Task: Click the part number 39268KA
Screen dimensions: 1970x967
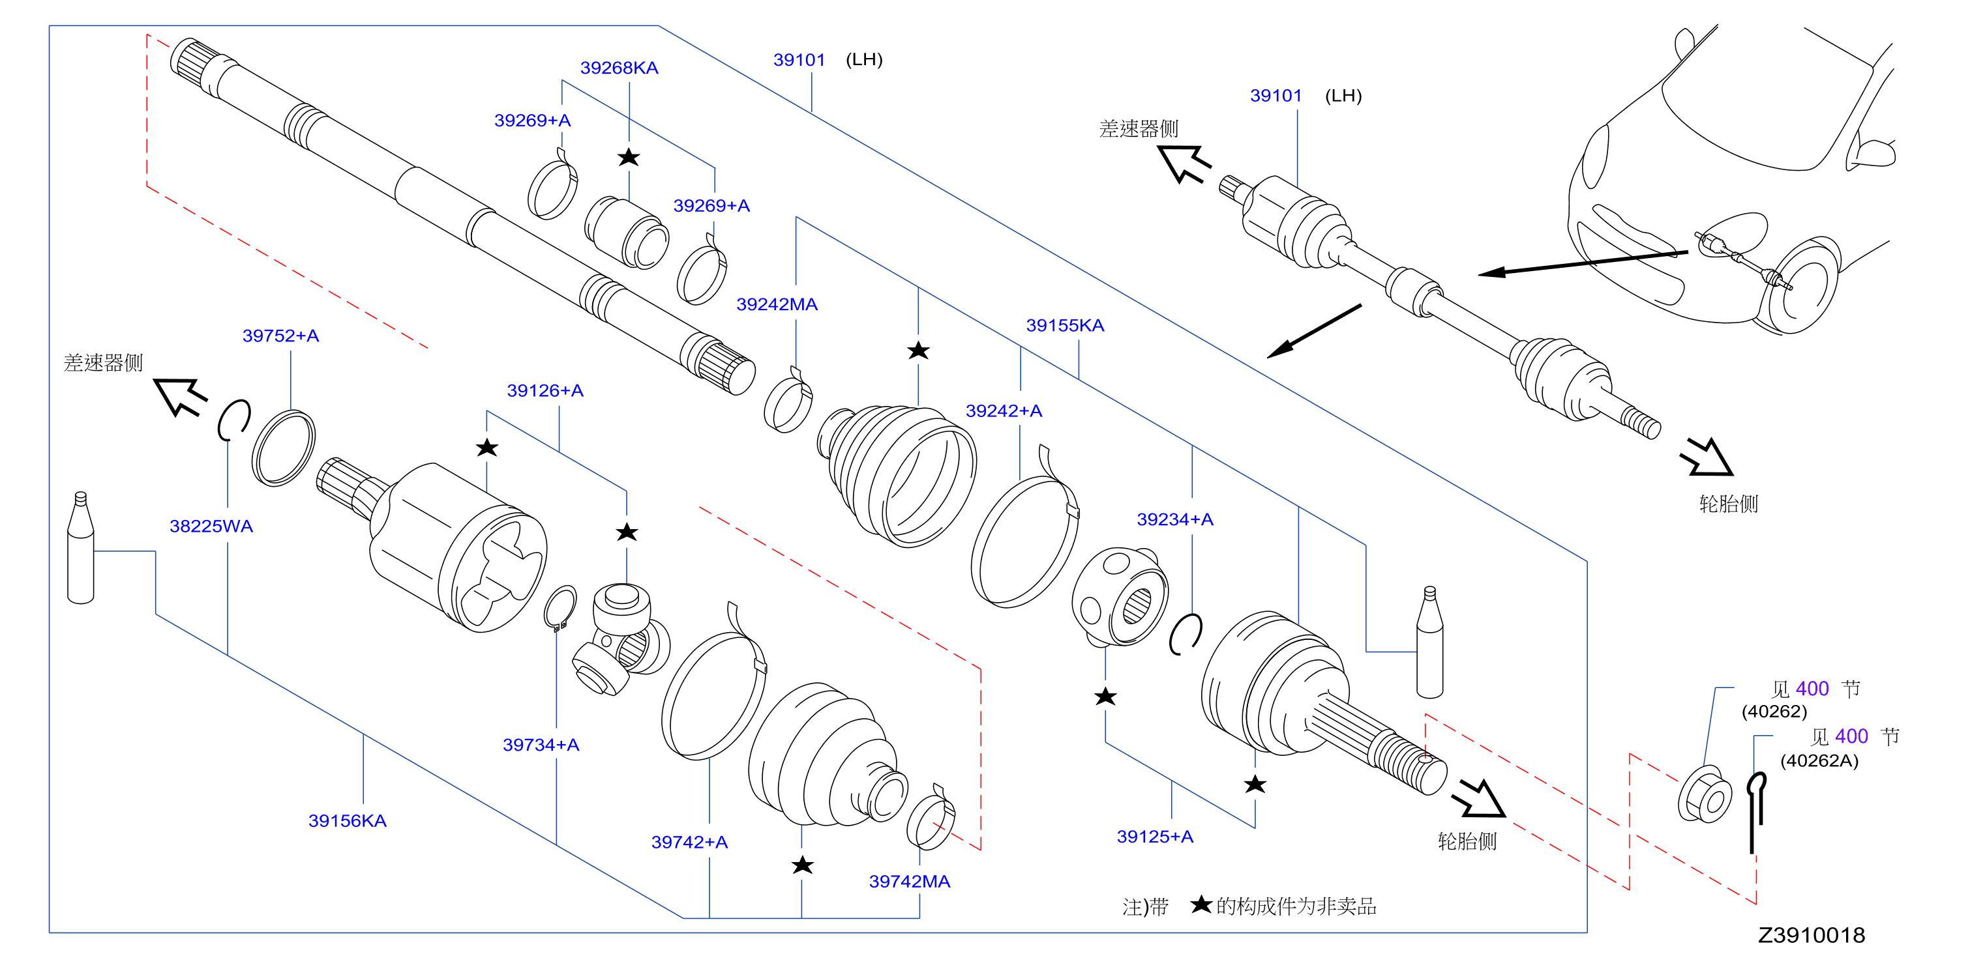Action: point(619,68)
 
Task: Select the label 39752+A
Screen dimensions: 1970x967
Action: point(280,336)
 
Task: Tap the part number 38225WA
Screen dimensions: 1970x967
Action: point(211,526)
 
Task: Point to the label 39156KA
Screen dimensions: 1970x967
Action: point(347,821)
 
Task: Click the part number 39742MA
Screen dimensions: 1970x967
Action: point(909,882)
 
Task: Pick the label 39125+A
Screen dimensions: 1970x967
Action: point(1155,836)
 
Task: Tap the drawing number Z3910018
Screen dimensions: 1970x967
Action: point(1811,935)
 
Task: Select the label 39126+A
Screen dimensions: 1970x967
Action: point(545,390)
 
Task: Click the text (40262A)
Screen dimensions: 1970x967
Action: point(1819,760)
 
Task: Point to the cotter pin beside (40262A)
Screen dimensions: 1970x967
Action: point(1757,812)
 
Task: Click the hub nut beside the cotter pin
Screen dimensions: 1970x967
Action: point(1705,794)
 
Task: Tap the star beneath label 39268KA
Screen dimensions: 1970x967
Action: point(629,158)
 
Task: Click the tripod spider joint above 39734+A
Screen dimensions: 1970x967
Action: point(620,639)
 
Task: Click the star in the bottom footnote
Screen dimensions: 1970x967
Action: point(1201,904)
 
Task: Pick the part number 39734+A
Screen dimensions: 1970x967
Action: point(541,745)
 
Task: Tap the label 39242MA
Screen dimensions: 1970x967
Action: point(777,304)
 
